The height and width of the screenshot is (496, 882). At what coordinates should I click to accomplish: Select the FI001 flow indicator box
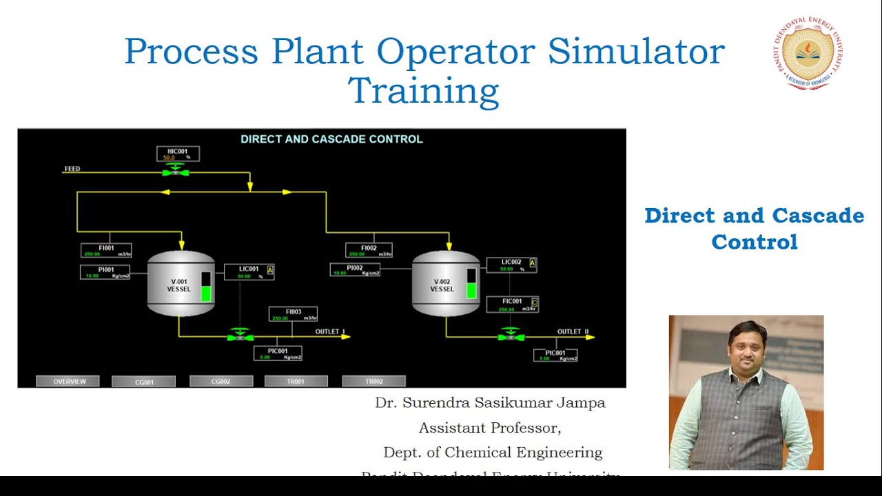click(x=106, y=251)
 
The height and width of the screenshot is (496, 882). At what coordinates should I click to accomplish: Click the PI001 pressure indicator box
click(x=105, y=272)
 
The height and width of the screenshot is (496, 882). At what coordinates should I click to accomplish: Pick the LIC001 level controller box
click(x=249, y=271)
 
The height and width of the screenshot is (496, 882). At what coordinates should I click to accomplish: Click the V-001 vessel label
click(x=178, y=285)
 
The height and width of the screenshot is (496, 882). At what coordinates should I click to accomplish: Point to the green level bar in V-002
click(x=471, y=290)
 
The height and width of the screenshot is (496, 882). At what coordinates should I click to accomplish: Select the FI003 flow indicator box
click(x=293, y=314)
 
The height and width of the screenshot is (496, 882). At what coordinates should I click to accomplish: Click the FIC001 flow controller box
click(x=512, y=304)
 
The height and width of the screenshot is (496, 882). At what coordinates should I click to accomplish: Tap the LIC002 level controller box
click(x=511, y=265)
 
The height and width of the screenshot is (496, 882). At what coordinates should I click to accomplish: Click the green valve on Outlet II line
click(x=511, y=336)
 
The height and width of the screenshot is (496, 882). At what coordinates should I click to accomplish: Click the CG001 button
click(x=143, y=382)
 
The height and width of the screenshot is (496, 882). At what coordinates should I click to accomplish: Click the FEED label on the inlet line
click(x=72, y=169)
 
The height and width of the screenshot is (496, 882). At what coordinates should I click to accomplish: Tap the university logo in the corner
click(x=808, y=53)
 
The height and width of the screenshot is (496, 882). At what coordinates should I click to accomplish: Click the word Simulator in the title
click(x=636, y=52)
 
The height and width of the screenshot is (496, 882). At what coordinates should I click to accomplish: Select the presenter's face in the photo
click(x=747, y=346)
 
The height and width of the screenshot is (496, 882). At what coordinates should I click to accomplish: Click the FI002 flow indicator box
click(x=369, y=250)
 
